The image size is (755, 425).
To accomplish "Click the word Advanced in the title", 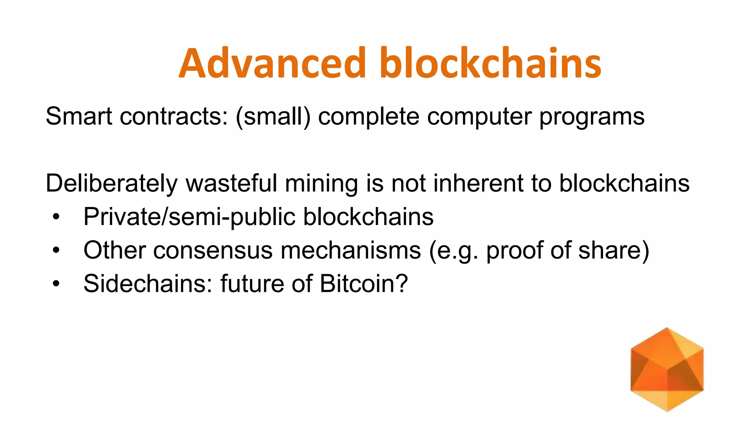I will [272, 63].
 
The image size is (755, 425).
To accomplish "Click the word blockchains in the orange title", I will [490, 63].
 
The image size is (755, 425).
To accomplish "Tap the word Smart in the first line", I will [79, 116].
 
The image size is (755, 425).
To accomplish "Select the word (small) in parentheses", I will [273, 116].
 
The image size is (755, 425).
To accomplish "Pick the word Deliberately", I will [111, 183].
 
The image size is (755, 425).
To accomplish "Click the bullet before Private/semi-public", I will [56, 217].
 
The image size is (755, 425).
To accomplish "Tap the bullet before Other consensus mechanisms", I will [56, 250].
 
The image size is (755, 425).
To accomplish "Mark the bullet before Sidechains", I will [56, 284].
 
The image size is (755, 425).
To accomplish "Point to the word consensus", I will [213, 250].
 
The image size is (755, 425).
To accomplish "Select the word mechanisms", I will [351, 250].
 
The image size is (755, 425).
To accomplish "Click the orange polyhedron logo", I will [667, 369].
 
